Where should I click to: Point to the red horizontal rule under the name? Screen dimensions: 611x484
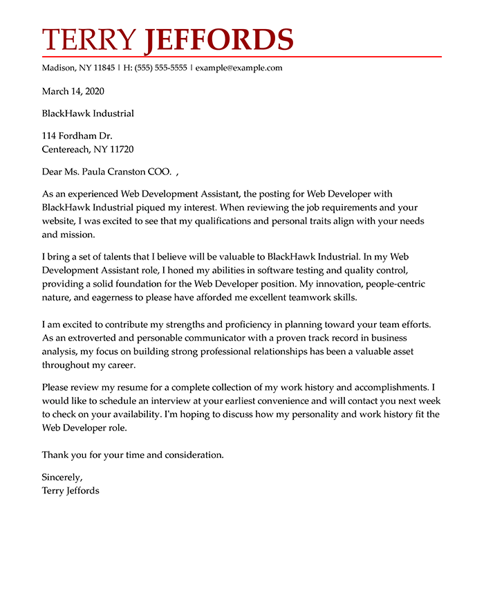241,57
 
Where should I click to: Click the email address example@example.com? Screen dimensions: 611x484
239,68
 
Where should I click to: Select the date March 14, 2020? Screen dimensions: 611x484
73,91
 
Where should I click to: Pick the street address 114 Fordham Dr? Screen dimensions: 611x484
77,136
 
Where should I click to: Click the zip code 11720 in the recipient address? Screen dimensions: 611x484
121,149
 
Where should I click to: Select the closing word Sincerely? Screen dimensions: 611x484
62,477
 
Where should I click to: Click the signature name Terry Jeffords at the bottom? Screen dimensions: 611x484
71,491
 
